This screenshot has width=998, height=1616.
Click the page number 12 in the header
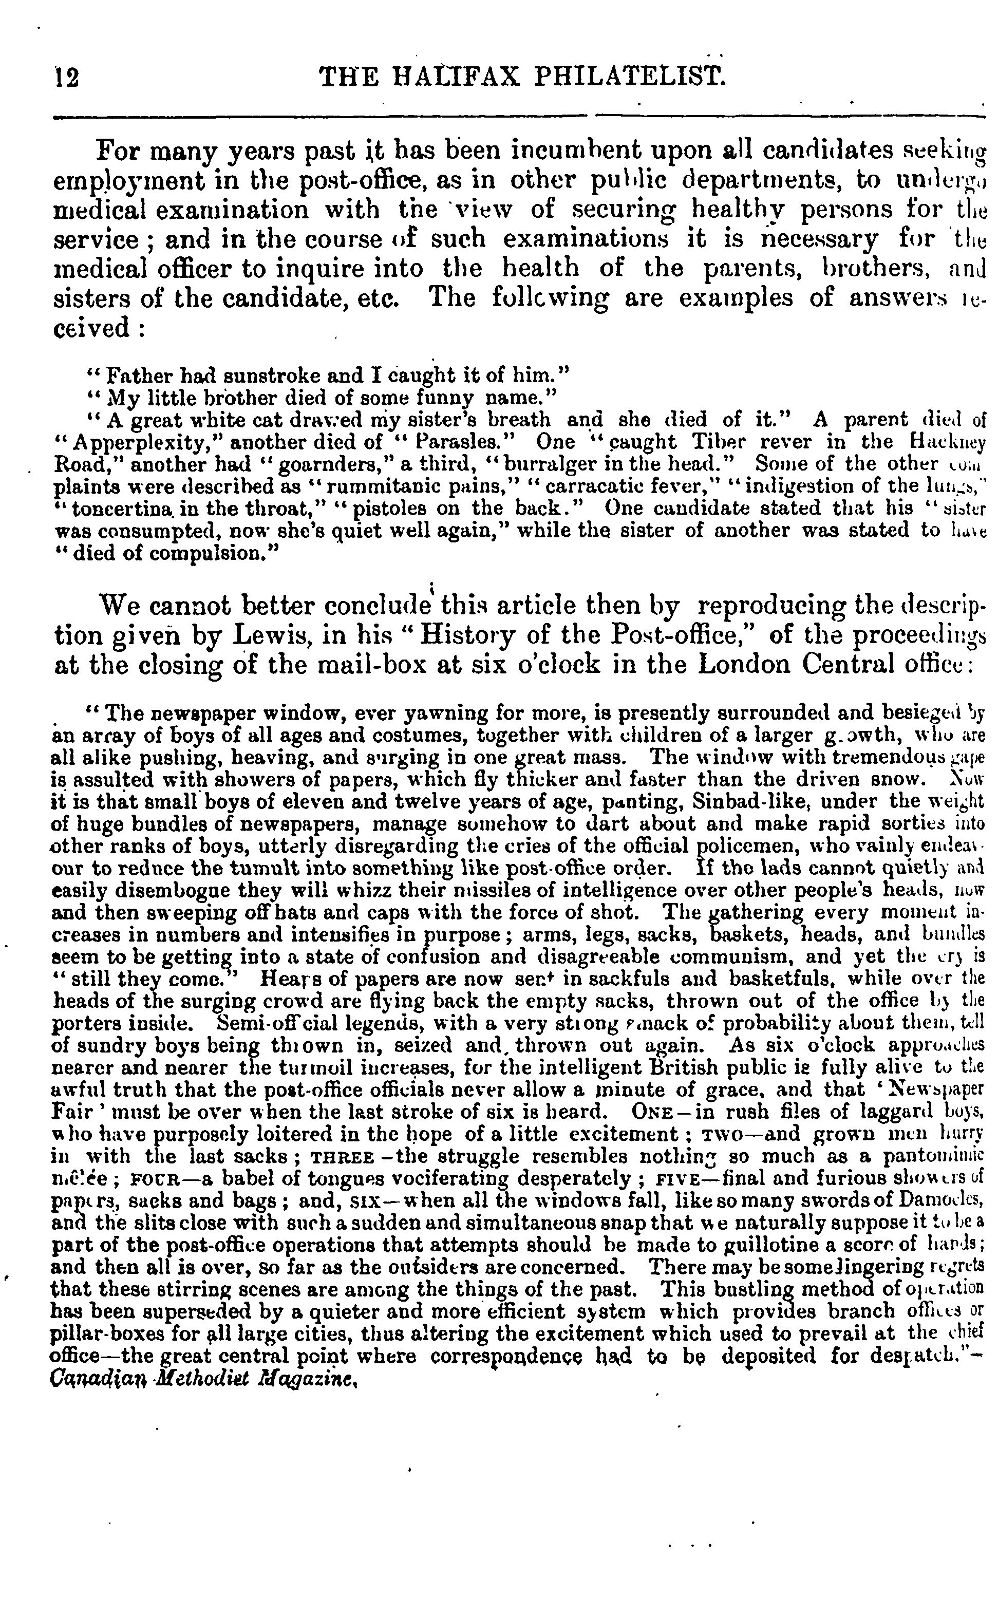click(67, 79)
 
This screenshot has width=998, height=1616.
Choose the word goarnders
click(331, 464)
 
